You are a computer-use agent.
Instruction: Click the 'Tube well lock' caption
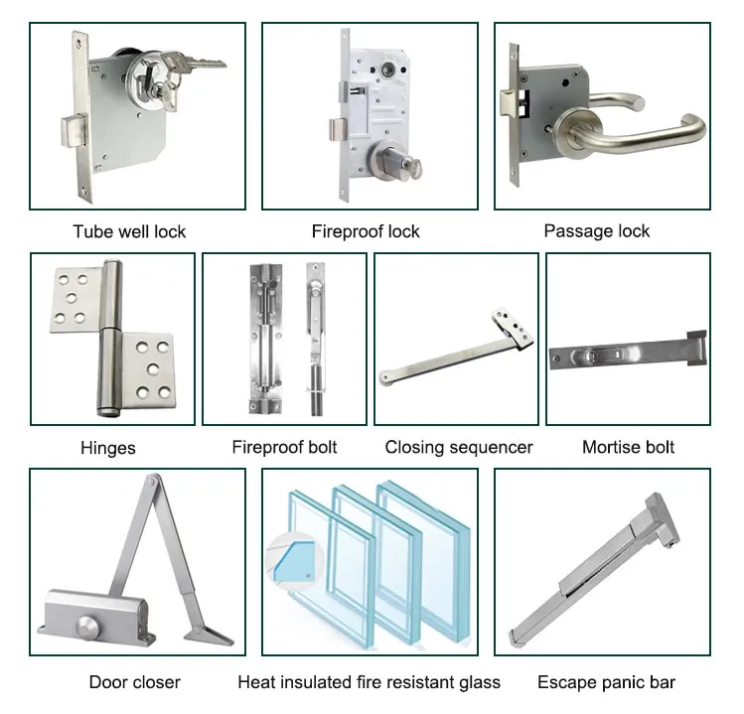click(129, 231)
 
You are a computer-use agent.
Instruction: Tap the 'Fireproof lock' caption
click(366, 231)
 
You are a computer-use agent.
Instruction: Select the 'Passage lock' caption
click(596, 231)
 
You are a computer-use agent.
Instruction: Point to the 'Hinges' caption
click(107, 448)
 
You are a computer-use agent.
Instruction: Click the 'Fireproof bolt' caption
click(284, 447)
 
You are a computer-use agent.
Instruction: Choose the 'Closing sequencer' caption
click(458, 447)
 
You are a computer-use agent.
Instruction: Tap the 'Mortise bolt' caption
click(628, 447)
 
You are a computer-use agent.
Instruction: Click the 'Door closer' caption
click(135, 682)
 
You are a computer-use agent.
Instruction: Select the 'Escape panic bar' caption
click(606, 682)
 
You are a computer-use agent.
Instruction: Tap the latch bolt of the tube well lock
click(73, 130)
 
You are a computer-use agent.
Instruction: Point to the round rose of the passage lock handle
click(579, 132)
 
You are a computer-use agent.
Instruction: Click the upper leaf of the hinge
click(75, 299)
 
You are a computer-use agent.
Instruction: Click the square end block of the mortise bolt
click(696, 348)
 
